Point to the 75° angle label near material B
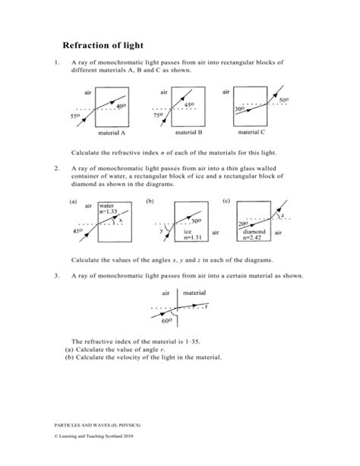(158, 116)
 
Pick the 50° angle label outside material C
(283, 100)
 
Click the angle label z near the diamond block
(283, 215)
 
